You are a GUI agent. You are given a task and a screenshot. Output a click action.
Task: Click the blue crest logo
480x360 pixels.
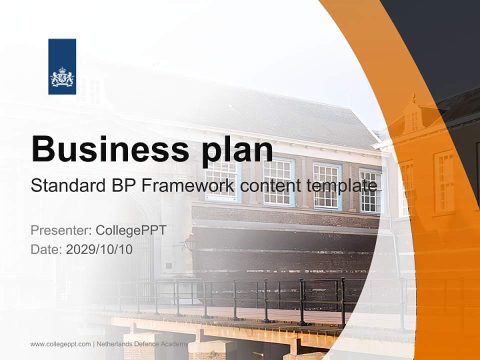point(62,66)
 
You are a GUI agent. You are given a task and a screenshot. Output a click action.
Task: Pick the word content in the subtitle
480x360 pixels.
point(270,186)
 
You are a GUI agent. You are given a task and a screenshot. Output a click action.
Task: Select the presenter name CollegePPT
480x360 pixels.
point(131,230)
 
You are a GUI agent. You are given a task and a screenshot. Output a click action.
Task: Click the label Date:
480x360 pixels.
point(46,249)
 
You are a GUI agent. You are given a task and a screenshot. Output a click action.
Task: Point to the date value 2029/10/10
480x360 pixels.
point(99,249)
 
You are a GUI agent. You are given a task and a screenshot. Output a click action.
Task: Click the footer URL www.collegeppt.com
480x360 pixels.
point(60,344)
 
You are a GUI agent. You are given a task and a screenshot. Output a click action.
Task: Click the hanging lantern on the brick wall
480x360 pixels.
point(190,243)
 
